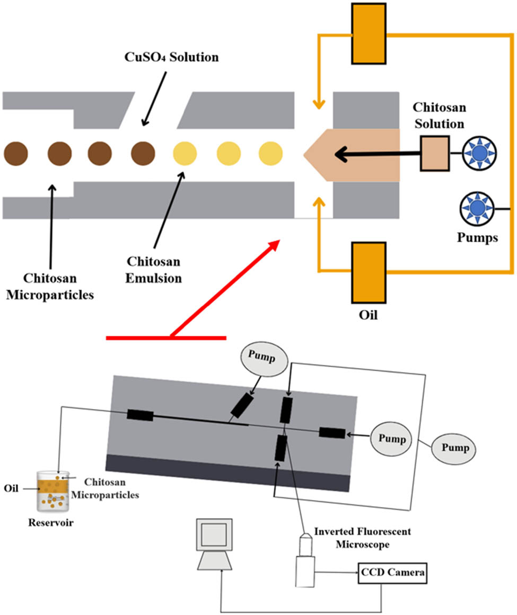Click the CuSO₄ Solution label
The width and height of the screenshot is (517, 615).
[167, 57]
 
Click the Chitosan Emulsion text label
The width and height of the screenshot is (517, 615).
[153, 270]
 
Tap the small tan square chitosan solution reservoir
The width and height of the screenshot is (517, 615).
[435, 154]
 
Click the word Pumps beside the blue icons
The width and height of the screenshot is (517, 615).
[477, 237]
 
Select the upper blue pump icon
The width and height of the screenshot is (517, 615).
[479, 153]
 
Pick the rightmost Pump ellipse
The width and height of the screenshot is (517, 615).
[452, 448]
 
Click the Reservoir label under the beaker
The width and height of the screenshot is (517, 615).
[50, 523]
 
